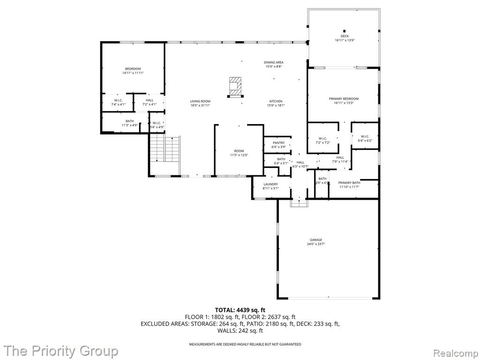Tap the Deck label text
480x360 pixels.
coord(345,38)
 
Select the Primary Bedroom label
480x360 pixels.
coord(344,101)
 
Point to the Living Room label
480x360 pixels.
coord(200,103)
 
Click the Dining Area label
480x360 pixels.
coord(274,64)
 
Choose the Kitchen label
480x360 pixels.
coord(276,103)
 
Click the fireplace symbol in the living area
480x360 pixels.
coord(234,86)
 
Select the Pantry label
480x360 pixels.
coord(279,144)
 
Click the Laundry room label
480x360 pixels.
coord(270,186)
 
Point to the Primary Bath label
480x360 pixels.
coord(349,185)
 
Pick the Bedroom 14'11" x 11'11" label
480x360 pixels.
coord(133,71)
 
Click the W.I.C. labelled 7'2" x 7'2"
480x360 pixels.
coord(322,140)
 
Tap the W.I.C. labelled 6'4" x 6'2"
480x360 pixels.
coord(365,138)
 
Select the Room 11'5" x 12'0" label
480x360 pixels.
coord(239,153)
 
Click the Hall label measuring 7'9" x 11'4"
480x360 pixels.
coord(340,159)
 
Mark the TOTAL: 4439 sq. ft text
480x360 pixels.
coord(240,310)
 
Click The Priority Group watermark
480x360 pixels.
coord(61,351)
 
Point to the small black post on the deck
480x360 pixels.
coord(345,31)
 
